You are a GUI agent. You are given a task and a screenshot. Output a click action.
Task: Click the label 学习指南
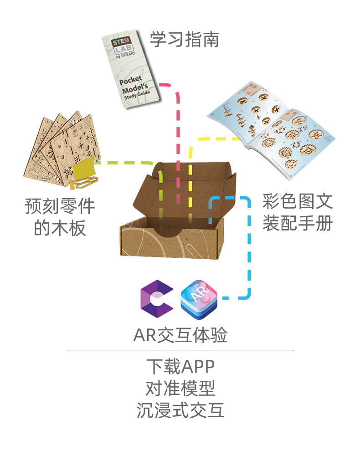pos(185,39)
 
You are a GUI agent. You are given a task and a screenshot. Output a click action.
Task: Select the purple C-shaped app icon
pos(157,298)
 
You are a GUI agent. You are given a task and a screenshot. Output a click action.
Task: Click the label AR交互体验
pos(180,335)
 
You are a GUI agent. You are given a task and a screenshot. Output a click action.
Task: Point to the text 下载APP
pos(180,366)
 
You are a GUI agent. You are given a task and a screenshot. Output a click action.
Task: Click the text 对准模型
pos(180,388)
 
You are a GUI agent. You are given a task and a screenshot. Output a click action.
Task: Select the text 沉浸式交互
pos(180,410)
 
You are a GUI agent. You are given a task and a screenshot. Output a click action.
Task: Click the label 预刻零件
pos(60,206)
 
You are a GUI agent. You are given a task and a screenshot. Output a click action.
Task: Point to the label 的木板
pos(60,228)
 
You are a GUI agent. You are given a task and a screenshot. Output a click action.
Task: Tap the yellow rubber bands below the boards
pos(83,183)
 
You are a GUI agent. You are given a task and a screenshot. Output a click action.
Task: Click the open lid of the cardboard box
pos(184,190)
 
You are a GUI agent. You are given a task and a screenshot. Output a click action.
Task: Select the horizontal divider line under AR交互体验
pos(180,350)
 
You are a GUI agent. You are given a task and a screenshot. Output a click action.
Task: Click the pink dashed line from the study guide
pos(178,149)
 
